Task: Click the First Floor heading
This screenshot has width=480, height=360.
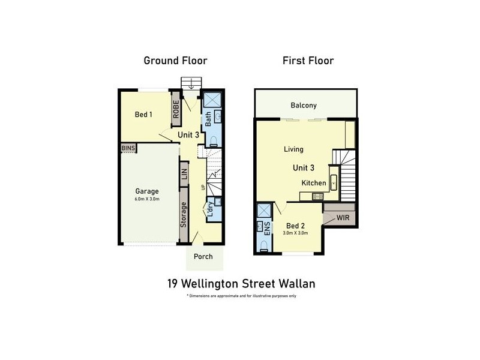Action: point(308,61)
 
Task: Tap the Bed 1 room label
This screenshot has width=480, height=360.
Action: point(143,115)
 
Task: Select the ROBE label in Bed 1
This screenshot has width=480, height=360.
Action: point(176,109)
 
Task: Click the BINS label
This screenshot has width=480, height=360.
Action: point(128,148)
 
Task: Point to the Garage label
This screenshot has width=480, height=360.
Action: point(146,191)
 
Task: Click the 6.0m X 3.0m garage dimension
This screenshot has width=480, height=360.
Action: point(146,199)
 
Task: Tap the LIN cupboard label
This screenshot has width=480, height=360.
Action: point(184,174)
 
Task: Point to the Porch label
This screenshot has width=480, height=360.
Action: point(203,256)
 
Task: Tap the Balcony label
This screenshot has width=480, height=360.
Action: point(304,106)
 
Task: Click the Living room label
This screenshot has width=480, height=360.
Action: point(293,149)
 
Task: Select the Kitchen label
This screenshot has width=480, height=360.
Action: point(314,183)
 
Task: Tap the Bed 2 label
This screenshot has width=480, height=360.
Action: point(295,225)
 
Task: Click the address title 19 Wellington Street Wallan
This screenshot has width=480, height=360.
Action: point(241,283)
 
